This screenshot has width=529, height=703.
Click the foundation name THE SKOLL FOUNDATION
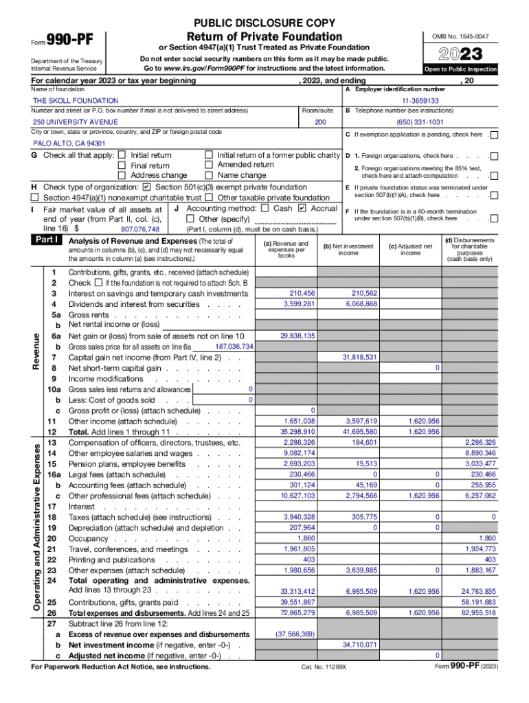click(x=76, y=100)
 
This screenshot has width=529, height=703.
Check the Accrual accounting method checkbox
click(x=302, y=208)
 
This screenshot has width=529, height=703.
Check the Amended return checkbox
click(x=209, y=165)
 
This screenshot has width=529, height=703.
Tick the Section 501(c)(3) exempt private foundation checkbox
click(x=147, y=187)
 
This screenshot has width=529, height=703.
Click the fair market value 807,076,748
click(x=139, y=229)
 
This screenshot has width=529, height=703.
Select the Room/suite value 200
click(x=319, y=122)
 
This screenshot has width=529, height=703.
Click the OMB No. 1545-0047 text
click(x=460, y=36)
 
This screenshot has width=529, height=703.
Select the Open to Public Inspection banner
click(x=460, y=70)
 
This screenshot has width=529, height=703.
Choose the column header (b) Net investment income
click(x=348, y=249)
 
